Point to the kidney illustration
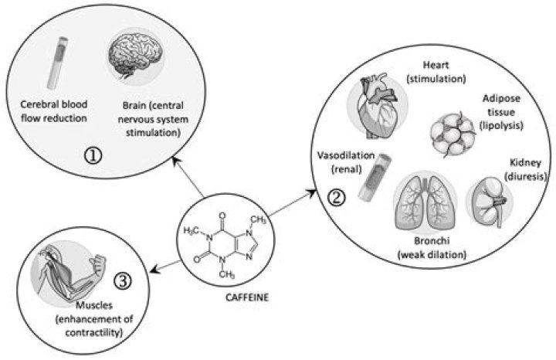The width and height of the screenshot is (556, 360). (492, 200)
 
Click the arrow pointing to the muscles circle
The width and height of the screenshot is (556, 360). (165, 263)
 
